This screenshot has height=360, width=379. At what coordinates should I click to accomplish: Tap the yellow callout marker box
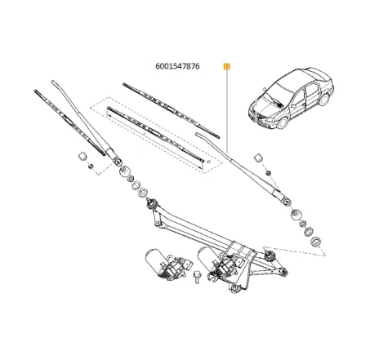tap(226, 67)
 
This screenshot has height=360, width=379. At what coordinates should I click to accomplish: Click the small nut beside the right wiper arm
tap(267, 172)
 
